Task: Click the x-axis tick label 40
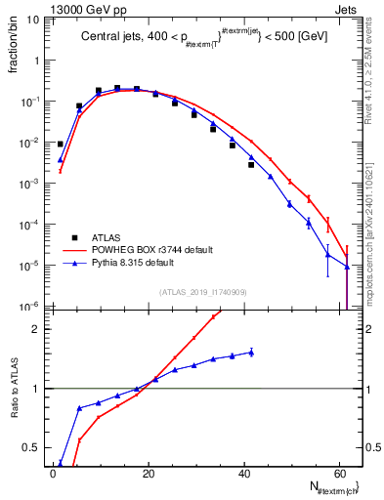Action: (242, 474)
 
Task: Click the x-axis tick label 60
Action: (337, 474)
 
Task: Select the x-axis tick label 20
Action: (148, 474)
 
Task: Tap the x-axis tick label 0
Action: (53, 474)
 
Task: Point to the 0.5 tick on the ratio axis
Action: (33, 448)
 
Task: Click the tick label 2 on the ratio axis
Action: (37, 329)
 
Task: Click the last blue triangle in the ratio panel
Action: (251, 352)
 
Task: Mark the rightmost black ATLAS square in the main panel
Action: (251, 165)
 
